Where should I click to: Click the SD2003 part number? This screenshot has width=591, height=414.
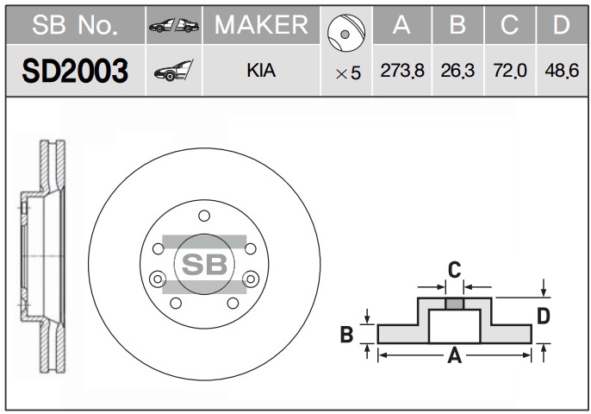(x=76, y=71)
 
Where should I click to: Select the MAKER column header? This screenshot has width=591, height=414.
(x=261, y=25)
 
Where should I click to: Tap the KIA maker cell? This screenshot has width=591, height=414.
(x=261, y=71)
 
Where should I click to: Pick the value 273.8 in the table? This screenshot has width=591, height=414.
(x=402, y=71)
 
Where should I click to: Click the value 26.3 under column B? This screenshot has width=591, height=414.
(x=457, y=71)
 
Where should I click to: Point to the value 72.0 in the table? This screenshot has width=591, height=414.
(x=510, y=71)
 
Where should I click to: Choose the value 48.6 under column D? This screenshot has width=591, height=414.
(x=562, y=71)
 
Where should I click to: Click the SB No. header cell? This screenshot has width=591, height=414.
(x=75, y=25)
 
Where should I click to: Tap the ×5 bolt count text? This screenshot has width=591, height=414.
(x=348, y=73)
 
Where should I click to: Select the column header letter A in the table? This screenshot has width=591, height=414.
(x=401, y=25)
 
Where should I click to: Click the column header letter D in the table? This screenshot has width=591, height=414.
(x=561, y=25)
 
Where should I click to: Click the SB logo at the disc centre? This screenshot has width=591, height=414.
(x=204, y=264)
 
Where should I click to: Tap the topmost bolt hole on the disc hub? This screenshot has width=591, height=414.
(x=204, y=216)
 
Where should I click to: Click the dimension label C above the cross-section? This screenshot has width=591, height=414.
(x=454, y=270)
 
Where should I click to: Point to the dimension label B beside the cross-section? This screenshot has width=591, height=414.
(x=346, y=335)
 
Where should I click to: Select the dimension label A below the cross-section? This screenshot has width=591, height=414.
(x=455, y=355)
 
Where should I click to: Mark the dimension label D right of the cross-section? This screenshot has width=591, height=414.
(x=543, y=317)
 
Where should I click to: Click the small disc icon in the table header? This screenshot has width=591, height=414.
(x=346, y=34)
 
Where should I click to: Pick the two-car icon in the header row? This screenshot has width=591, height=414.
(x=174, y=25)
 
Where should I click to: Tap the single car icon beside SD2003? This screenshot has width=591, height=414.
(x=173, y=71)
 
